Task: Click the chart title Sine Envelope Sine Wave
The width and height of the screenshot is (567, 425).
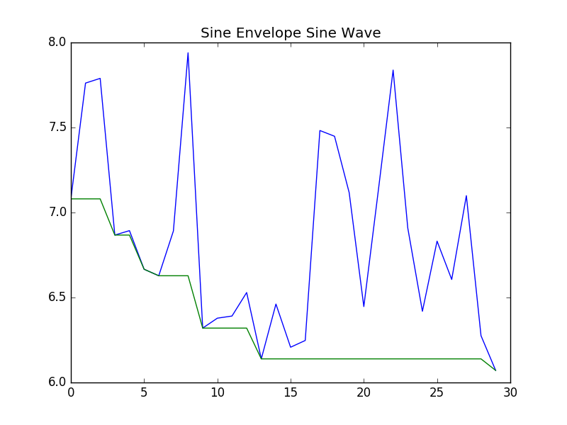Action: point(291,33)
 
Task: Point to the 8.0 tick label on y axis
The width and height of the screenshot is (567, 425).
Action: point(57,42)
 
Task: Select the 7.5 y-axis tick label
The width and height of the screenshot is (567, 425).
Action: point(57,127)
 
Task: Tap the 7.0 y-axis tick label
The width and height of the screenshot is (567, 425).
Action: point(57,212)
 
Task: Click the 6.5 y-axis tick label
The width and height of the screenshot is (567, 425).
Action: point(57,297)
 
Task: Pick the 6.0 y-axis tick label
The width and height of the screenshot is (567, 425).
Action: point(57,382)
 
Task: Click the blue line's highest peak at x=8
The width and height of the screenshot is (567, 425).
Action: point(188,53)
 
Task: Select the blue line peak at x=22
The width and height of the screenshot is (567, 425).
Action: point(393,70)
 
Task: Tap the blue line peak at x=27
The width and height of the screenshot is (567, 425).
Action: point(466,195)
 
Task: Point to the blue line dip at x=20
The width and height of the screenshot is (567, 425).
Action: point(364,306)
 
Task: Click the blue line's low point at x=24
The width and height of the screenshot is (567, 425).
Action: point(422,311)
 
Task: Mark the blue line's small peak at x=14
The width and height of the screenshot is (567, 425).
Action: point(276,304)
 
